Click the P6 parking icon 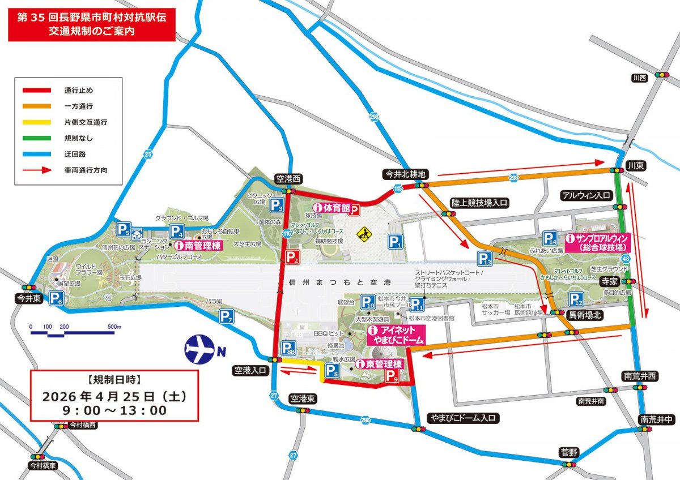tap(56, 298)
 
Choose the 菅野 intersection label tap(567, 452)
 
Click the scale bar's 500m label tap(114, 327)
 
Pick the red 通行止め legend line tap(37, 90)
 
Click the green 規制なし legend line tap(37, 138)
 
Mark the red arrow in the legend tap(37, 169)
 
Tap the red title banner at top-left tap(90, 25)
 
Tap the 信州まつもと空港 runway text tap(340, 281)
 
